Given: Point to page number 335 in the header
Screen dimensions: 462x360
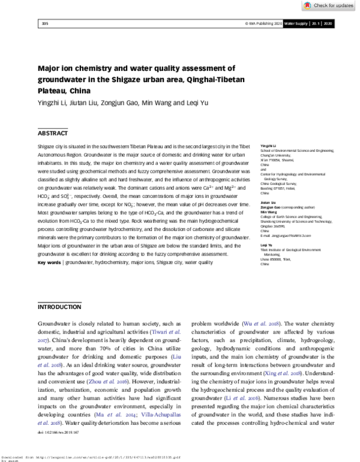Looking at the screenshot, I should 44,23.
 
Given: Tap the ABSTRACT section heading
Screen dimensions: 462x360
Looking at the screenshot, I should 53,133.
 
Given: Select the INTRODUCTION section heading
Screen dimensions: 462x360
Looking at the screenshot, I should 59,307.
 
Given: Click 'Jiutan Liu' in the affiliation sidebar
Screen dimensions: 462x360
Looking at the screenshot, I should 268,203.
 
